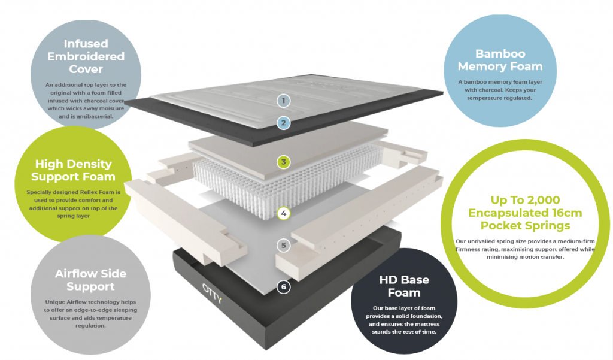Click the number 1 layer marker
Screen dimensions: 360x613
click(283, 100)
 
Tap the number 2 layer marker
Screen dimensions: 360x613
click(283, 123)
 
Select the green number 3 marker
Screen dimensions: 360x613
click(283, 162)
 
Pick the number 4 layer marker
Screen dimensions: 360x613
click(283, 213)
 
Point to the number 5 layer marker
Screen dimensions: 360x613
click(284, 245)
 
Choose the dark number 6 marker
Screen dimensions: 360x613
click(284, 287)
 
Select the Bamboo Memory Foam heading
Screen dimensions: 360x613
click(508, 60)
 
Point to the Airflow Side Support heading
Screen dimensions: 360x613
click(90, 280)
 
